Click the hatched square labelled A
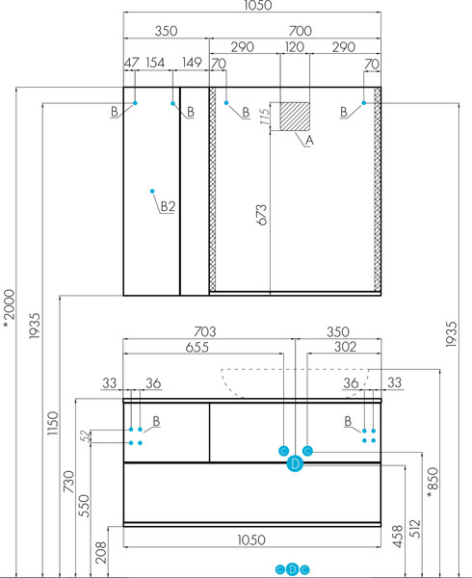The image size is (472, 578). [x=295, y=117]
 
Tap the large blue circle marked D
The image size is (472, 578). [x=295, y=463]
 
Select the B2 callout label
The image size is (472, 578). [x=168, y=206]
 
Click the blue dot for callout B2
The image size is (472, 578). [x=152, y=191]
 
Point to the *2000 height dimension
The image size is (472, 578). [x=9, y=308]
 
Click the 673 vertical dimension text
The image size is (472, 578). [x=261, y=215]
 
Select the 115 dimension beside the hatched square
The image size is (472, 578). [x=265, y=117]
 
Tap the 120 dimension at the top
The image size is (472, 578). [x=295, y=47]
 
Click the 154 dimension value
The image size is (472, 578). [x=155, y=63]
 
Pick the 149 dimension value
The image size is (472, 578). [x=192, y=63]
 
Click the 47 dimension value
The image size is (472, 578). [x=132, y=63]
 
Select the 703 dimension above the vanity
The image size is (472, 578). [x=205, y=331]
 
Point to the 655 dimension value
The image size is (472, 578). [x=197, y=347]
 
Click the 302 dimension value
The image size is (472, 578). [x=345, y=347]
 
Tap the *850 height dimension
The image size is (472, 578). [x=433, y=483]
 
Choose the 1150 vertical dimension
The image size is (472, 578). [x=53, y=423]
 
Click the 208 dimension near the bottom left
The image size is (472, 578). [x=100, y=552]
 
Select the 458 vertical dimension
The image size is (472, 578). [x=398, y=537]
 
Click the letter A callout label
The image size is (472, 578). [x=309, y=141]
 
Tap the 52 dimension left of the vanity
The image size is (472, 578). [x=85, y=436]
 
